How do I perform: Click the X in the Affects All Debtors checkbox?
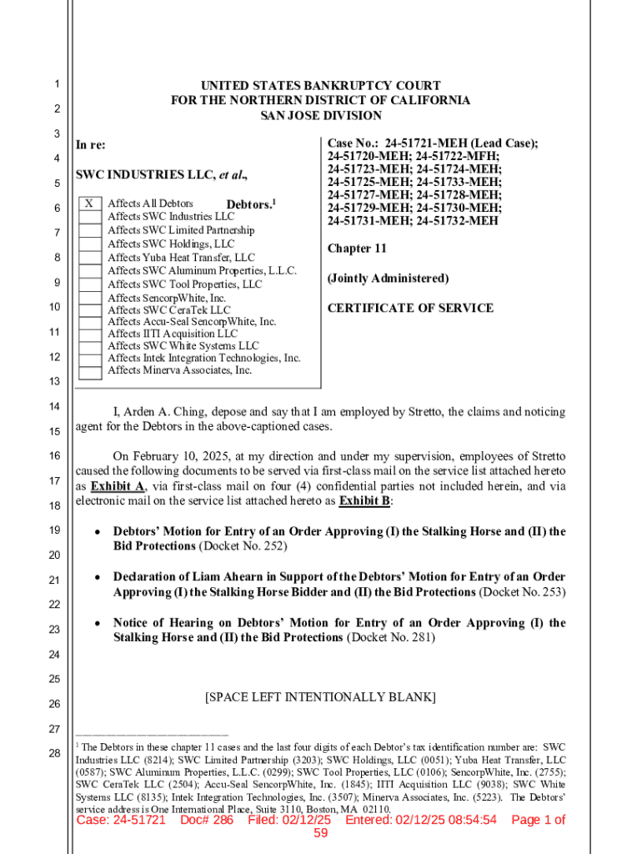[x=90, y=203]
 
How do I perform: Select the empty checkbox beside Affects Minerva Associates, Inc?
[x=90, y=370]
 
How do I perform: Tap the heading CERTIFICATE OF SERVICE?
[x=410, y=308]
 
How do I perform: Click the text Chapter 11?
[x=357, y=249]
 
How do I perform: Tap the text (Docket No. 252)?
[x=243, y=546]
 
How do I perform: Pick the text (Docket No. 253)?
[x=522, y=592]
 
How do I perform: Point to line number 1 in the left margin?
[x=54, y=84]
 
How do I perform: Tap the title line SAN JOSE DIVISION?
[x=320, y=116]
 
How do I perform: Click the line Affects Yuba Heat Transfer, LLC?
[x=181, y=258]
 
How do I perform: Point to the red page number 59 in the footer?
[x=321, y=834]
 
